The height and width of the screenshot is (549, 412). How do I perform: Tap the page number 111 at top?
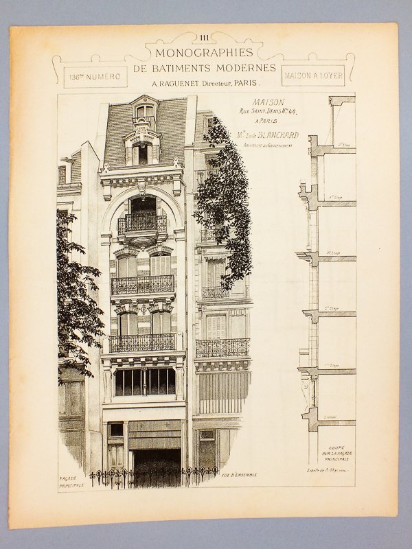tap(205, 38)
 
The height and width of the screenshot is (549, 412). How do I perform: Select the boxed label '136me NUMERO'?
tap(94, 76)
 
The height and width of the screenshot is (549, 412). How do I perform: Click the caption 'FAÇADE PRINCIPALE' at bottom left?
tap(69, 478)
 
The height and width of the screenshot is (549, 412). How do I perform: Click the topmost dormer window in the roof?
tap(145, 111)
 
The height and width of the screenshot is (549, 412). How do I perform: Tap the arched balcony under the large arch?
tap(142, 224)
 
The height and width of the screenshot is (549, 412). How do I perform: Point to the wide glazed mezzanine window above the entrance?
tap(144, 382)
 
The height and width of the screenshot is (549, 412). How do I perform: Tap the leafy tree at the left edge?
tap(76, 295)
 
